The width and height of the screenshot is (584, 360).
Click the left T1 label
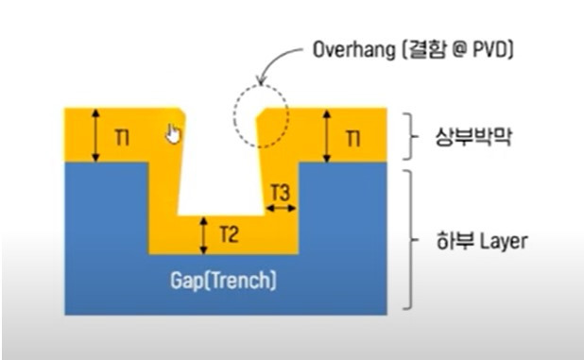click(x=122, y=138)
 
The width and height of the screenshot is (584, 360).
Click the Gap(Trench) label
click(x=223, y=282)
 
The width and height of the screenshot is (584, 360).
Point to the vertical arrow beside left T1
click(x=94, y=135)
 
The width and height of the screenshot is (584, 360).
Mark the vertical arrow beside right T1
click(x=327, y=135)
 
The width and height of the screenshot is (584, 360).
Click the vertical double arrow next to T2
click(x=203, y=233)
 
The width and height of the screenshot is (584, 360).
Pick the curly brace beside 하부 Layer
click(x=408, y=240)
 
